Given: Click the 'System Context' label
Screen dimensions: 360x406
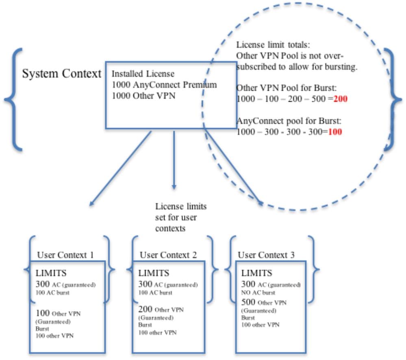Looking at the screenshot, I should click(61, 74).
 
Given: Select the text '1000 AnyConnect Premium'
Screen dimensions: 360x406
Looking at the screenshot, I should click(164, 85).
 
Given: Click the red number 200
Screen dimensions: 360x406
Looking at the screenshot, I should click(341, 98).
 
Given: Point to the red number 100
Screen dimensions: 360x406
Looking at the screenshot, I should click(335, 132).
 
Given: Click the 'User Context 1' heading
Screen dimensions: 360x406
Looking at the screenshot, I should click(65, 255).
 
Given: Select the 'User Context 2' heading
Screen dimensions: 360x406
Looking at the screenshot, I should click(168, 255).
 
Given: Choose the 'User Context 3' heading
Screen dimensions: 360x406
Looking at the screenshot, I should click(266, 255).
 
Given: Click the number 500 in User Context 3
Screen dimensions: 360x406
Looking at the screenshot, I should click(248, 302).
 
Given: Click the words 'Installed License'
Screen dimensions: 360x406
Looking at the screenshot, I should click(143, 74).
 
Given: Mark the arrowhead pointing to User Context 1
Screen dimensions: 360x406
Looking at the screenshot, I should click(91, 205).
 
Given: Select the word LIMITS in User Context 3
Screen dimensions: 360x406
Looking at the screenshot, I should click(256, 273).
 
